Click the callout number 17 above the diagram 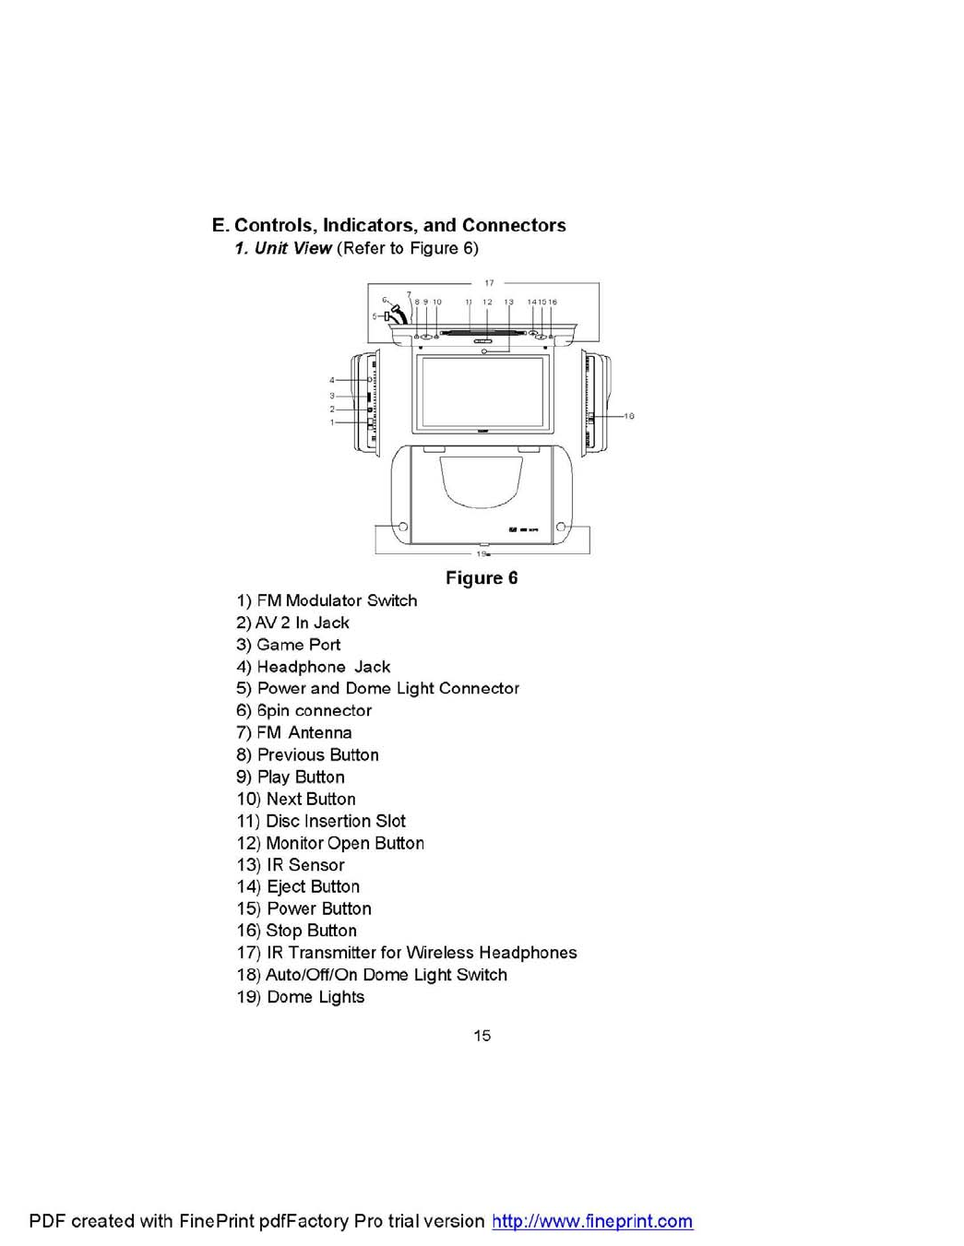pos(489,283)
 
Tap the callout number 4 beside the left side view pos(332,380)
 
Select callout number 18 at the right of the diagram pos(629,416)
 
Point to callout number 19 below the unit pos(482,554)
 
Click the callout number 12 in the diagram pos(487,302)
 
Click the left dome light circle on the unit pos(403,527)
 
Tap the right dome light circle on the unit pos(560,527)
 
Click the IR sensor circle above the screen pos(483,351)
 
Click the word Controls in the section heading pos(273,225)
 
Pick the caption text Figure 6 pos(482,578)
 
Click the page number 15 pos(482,1036)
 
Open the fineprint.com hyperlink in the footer pos(592,1221)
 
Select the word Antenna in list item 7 pos(319,732)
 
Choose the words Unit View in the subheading pos(292,248)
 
